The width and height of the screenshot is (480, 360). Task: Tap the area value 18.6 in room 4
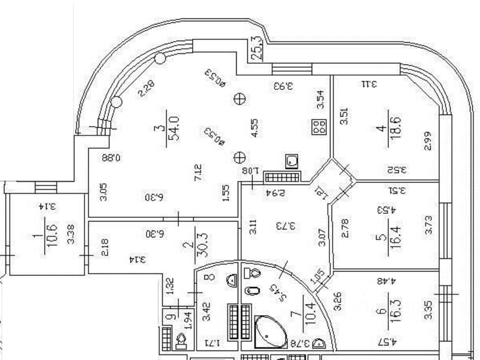395,127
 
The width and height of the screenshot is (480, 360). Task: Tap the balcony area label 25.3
257,48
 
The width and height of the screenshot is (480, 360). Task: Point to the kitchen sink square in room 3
292,161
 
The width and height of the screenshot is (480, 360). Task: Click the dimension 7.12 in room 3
198,173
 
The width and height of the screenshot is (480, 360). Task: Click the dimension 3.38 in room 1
71,234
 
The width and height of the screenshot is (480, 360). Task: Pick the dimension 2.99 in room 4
428,140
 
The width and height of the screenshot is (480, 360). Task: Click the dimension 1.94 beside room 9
189,320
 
